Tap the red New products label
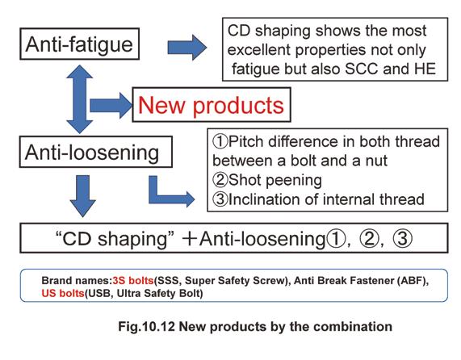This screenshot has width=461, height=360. pyautogui.click(x=211, y=105)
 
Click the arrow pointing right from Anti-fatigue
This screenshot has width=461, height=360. pyautogui.click(x=187, y=48)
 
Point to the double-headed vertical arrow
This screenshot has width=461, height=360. pyautogui.click(x=79, y=99)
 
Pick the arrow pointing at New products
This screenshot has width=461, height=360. pyautogui.click(x=111, y=105)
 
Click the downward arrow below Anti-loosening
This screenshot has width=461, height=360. pyautogui.click(x=82, y=196)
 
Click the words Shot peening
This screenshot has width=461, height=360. pyautogui.click(x=275, y=181)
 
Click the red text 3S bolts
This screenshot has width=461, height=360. pyautogui.click(x=133, y=281)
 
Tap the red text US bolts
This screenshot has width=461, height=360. pyautogui.click(x=63, y=293)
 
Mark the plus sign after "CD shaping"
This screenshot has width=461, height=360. pyautogui.click(x=190, y=239)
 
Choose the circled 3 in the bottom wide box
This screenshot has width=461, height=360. pyautogui.click(x=403, y=239)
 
